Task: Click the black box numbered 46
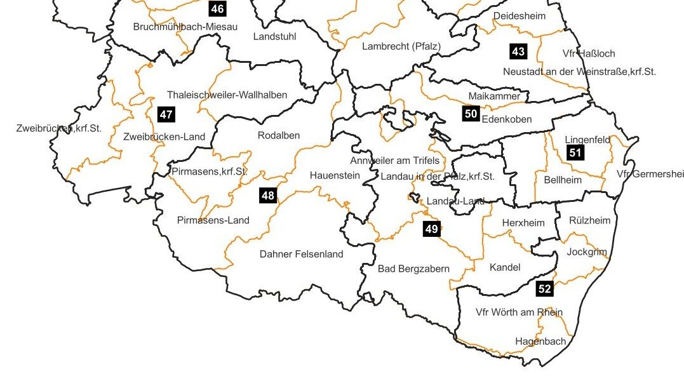[x=217, y=9]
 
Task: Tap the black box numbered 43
[x=518, y=51]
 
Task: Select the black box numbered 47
[x=166, y=115]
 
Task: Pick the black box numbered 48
[x=267, y=195]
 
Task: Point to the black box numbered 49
[x=431, y=229]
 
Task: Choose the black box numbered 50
[x=471, y=114]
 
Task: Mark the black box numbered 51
[x=575, y=152]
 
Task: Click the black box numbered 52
[x=544, y=289]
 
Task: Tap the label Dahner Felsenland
[x=301, y=254]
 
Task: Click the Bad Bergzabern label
[x=413, y=269]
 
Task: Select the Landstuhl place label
[x=274, y=37]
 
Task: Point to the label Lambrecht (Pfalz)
[x=401, y=46]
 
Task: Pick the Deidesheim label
[x=519, y=16]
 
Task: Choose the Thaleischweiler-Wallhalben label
[x=227, y=95]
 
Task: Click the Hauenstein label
[x=335, y=175]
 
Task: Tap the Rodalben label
[x=279, y=135]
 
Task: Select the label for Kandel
[x=505, y=267]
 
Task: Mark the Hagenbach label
[x=540, y=342]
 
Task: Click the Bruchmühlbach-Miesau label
[x=185, y=27]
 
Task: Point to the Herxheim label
[x=523, y=223]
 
